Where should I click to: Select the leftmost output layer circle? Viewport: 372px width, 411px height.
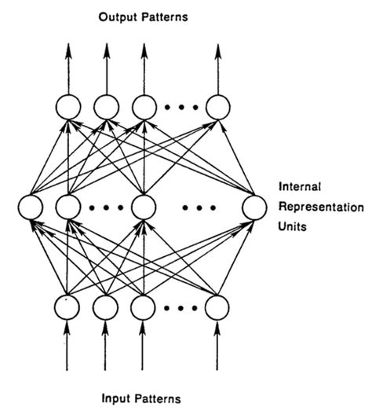(x=67, y=106)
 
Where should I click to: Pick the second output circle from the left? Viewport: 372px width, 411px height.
(x=105, y=106)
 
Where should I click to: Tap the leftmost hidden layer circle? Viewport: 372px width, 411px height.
(x=31, y=208)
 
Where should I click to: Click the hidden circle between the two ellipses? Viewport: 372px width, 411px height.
(x=143, y=208)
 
